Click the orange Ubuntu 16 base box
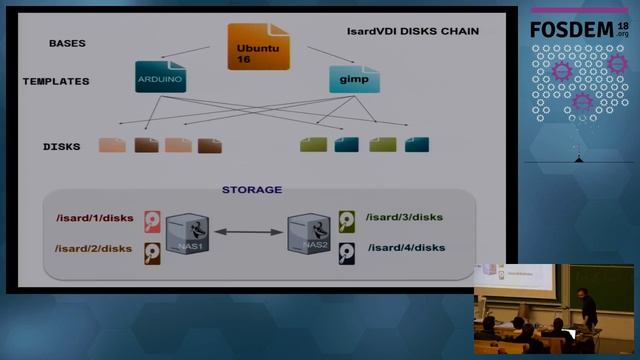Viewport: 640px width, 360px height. tap(258, 47)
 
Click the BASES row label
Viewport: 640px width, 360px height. tap(67, 44)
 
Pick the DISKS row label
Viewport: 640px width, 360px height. tap(61, 146)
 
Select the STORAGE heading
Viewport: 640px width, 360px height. tap(251, 189)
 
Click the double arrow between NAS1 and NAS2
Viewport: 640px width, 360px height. tap(248, 233)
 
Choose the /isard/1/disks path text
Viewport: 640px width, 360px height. tap(94, 218)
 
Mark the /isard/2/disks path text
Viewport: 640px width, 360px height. tap(94, 248)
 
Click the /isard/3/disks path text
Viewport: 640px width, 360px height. tap(404, 217)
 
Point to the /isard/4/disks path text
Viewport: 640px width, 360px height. tap(406, 247)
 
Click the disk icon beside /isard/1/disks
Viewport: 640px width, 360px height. tap(152, 220)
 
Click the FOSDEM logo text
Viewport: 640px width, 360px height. tap(578, 29)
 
